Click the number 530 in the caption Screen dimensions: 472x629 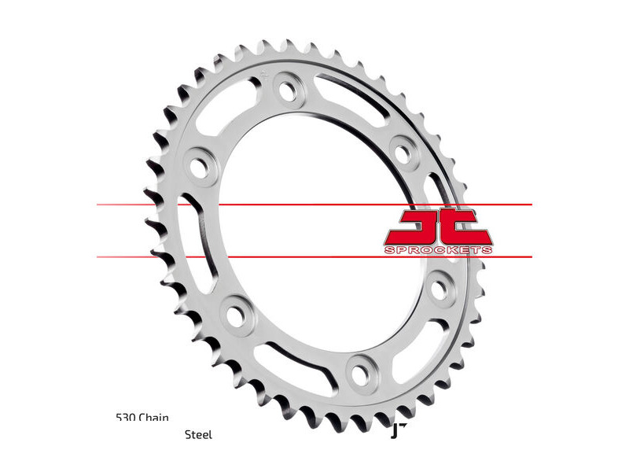tap(125, 418)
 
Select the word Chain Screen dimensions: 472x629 tap(154, 418)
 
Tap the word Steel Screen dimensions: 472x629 tap(198, 434)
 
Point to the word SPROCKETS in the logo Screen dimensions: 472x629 tap(439, 249)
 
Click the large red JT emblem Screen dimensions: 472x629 tap(438, 226)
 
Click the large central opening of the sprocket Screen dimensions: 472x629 tap(314, 228)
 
